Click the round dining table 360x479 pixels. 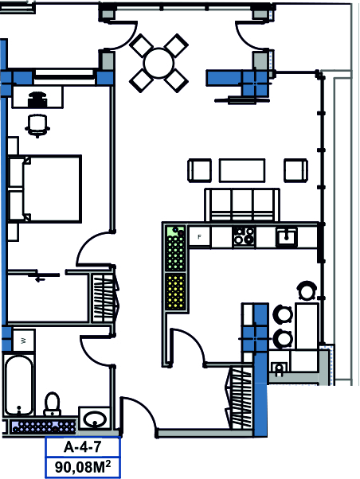click(x=158, y=63)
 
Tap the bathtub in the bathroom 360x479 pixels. click(x=18, y=385)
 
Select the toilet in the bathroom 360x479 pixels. click(x=53, y=404)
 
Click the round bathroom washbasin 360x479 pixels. click(x=95, y=420)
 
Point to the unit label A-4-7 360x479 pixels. click(x=82, y=447)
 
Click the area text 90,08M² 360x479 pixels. click(x=83, y=467)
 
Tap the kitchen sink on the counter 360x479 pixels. click(x=286, y=237)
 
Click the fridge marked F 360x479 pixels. click(x=199, y=236)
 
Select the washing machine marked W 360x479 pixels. click(x=24, y=341)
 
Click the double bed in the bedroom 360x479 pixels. click(x=45, y=189)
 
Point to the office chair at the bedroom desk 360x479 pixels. click(x=37, y=126)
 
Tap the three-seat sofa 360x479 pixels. click(x=242, y=204)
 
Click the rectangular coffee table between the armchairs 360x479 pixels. click(x=242, y=170)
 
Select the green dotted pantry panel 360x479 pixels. click(x=175, y=248)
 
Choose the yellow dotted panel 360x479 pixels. click(x=175, y=291)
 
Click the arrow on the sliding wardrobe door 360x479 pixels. click(x=40, y=278)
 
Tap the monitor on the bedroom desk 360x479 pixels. click(x=37, y=99)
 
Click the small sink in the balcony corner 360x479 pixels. click(x=279, y=368)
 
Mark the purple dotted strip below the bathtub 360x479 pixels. click(x=43, y=426)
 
